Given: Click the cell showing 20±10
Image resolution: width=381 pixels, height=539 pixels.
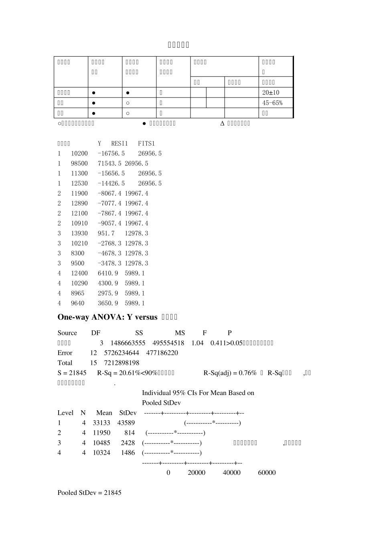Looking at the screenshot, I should (x=271, y=93).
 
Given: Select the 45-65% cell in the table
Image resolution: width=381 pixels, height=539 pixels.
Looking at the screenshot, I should (x=272, y=103).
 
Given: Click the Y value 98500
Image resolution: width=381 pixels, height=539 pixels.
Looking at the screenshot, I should (x=79, y=164).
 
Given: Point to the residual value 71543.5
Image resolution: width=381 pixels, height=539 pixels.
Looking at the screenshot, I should (x=109, y=164).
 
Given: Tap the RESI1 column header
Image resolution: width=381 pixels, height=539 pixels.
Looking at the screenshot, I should (x=120, y=144).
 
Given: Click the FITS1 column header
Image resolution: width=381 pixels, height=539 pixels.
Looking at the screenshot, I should (x=146, y=144).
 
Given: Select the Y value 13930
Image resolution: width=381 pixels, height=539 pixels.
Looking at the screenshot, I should (x=79, y=233).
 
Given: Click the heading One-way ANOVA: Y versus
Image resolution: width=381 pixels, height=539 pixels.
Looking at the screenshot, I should (x=107, y=317).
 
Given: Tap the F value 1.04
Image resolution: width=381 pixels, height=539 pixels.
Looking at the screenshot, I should (x=197, y=343).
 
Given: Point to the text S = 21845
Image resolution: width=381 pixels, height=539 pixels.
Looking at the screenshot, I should (x=72, y=373).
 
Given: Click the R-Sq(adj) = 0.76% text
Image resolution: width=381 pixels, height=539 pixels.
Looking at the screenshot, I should (x=230, y=373).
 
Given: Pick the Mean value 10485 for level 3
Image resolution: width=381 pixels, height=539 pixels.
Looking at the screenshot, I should (x=101, y=443).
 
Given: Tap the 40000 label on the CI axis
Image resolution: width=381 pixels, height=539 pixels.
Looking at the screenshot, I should (x=231, y=473).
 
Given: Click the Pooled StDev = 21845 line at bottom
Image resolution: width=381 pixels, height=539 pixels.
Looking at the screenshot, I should (x=89, y=493).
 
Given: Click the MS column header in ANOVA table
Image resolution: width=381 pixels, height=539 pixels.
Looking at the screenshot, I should (x=180, y=333).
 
